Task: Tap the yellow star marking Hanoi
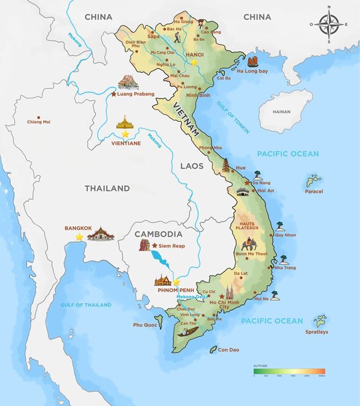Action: coord(194,63)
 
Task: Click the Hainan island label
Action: coord(281,111)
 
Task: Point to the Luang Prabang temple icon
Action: coord(128,83)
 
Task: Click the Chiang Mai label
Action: coord(39,122)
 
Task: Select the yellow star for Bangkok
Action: coord(79,237)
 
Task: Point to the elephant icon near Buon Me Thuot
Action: coord(249,245)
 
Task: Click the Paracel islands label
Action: coord(314,191)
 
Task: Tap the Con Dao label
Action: coord(228,350)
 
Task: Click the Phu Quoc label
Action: coord(145,325)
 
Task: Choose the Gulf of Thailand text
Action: coord(86,305)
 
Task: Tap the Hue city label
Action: coord(241,168)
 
